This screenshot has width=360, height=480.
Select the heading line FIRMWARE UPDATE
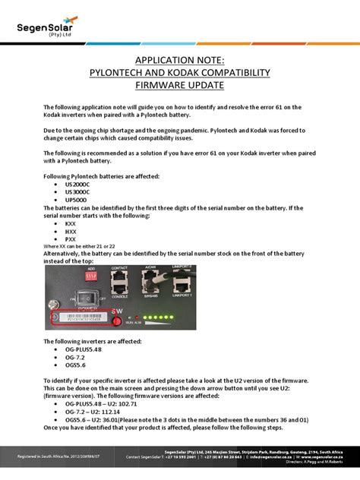pos(179,86)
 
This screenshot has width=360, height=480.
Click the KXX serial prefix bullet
pos(71,226)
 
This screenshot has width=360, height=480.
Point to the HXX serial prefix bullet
pos(71,232)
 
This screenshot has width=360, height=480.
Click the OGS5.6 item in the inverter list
pos(78,365)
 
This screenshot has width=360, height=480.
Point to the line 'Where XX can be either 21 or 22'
pos(90,248)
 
